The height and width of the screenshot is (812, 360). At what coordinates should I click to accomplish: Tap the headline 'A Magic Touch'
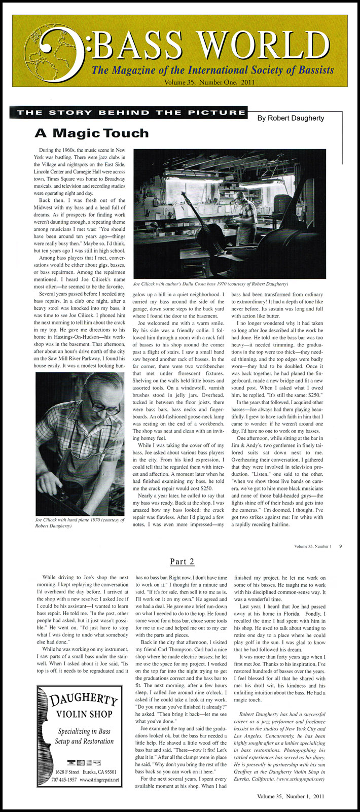point(91,133)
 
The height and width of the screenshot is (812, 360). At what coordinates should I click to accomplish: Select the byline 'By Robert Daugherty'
point(291,118)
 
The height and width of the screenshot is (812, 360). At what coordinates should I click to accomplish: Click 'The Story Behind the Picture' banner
point(131,113)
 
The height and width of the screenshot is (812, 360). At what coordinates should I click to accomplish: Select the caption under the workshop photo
point(210,284)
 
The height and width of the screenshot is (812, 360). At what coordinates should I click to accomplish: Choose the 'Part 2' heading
point(182,561)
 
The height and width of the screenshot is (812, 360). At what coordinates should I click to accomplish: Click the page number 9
point(341,546)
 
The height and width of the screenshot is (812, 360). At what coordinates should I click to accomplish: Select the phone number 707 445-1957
point(59,779)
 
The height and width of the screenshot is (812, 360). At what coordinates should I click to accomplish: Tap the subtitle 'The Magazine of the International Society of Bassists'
point(212,69)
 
